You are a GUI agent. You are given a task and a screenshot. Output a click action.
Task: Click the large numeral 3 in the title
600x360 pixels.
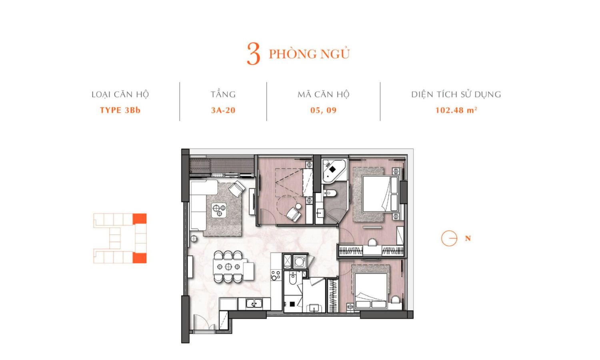coord(253,54)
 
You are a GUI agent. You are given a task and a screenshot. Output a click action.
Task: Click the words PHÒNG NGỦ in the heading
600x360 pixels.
coord(309,54)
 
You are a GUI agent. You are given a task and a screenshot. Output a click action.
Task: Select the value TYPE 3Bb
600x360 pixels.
coord(120,110)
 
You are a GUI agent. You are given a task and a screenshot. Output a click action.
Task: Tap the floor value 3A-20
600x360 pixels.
coord(223,110)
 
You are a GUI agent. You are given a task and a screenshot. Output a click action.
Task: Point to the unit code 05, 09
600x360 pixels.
coord(323,110)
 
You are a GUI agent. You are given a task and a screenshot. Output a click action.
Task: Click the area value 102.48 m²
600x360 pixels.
coord(456,110)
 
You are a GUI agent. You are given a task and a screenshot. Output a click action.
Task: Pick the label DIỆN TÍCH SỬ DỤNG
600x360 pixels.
coord(456,94)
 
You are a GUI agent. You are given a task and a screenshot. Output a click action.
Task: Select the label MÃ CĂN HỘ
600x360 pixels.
coord(323,94)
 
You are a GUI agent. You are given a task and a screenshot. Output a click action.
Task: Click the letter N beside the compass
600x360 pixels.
coord(468,238)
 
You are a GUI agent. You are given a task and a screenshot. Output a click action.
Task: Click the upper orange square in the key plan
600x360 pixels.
coord(140,218)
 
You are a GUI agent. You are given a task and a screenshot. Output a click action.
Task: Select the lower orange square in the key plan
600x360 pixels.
coord(140,258)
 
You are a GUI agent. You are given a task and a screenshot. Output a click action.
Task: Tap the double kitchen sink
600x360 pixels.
coord(254,304)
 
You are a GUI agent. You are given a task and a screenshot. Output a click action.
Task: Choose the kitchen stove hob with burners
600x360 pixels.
coord(276,275)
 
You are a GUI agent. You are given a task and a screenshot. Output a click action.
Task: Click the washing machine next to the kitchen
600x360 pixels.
coord(300,262)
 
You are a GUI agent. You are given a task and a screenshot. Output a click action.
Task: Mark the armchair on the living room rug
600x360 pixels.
coord(237,188)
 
